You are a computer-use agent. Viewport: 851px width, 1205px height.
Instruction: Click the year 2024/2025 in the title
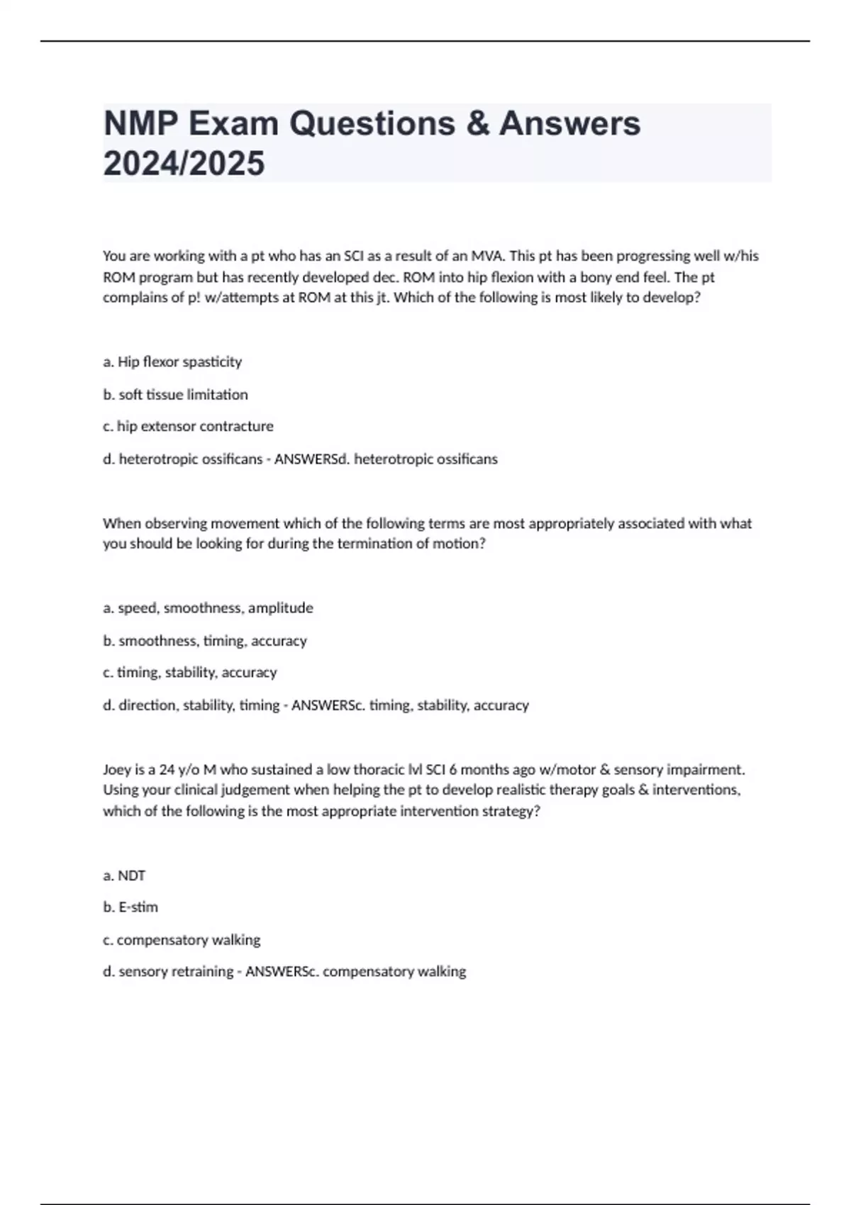(x=184, y=164)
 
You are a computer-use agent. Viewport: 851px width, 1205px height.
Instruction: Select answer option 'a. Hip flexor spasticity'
(x=172, y=362)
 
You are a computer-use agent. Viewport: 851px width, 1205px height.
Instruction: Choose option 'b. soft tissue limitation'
(x=175, y=395)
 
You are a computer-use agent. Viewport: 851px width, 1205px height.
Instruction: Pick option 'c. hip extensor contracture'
(x=188, y=427)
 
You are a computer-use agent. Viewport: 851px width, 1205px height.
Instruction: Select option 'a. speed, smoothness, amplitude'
(x=208, y=608)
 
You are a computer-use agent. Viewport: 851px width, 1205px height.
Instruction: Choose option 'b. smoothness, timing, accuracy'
(x=205, y=641)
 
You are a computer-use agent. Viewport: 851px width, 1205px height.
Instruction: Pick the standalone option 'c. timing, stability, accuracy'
(x=189, y=673)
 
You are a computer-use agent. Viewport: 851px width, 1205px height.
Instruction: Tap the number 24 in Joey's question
(x=167, y=770)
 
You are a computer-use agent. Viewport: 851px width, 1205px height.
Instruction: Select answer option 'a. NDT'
(x=124, y=876)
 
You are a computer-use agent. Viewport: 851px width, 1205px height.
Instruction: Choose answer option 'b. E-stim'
(x=130, y=907)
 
